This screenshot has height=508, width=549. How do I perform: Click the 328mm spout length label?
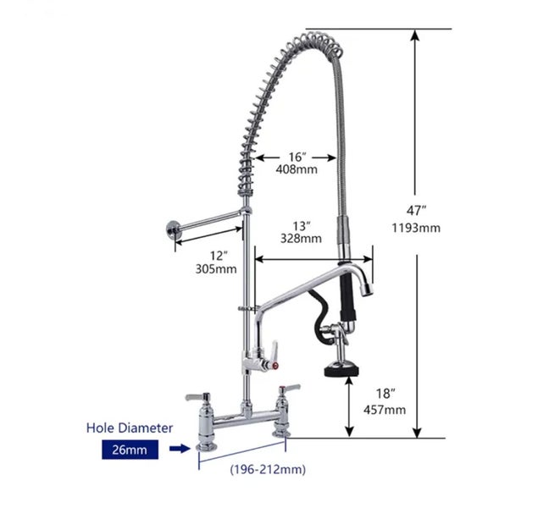pos(301,238)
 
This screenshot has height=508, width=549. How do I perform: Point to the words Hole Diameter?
pos(128,428)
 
